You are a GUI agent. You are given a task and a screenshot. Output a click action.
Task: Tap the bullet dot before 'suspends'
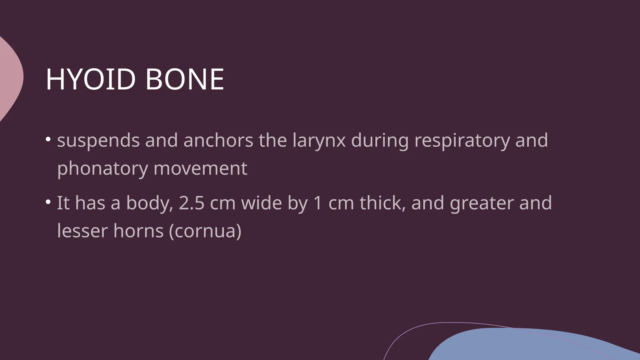tap(48, 139)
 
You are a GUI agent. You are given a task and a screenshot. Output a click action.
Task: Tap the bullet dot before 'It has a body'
tap(48, 202)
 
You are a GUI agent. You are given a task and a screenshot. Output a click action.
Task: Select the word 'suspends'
tap(98, 141)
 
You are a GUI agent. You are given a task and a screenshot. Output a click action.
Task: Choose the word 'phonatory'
tap(102, 169)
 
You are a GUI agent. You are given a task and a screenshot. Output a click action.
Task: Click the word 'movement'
tap(200, 168)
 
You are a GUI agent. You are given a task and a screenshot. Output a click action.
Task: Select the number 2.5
tap(191, 203)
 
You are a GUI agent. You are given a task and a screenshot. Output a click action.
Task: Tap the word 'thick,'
tap(382, 203)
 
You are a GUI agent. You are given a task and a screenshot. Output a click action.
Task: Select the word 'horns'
tap(138, 231)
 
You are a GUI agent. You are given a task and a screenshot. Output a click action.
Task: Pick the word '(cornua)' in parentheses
tap(205, 232)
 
